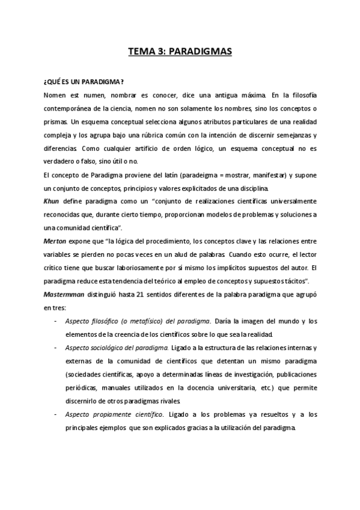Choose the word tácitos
tap(296, 281)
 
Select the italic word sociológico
tap(106, 348)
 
